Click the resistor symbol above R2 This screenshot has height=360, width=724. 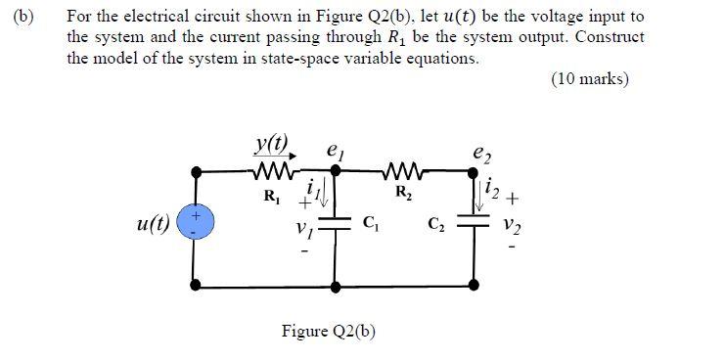401,171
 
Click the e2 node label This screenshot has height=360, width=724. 478,153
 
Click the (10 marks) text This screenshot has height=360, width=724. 590,79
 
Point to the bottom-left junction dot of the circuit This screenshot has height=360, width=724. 197,285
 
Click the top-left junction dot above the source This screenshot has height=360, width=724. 197,171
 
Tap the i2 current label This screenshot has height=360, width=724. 495,189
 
